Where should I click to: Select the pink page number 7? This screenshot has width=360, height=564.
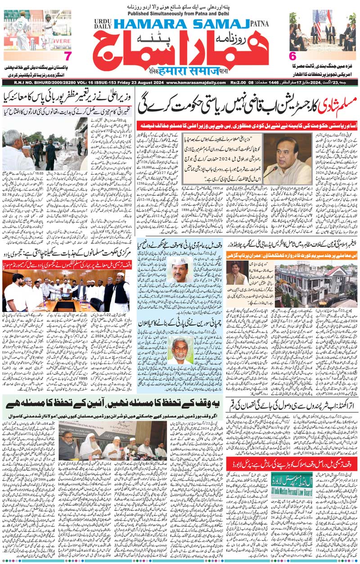pyautogui.click(x=67, y=56)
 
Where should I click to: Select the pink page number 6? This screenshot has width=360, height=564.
pyautogui.click(x=292, y=56)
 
